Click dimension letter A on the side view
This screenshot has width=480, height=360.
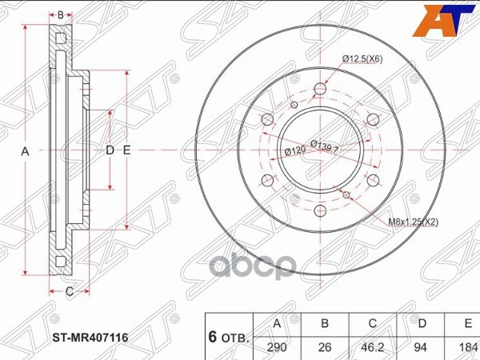25,150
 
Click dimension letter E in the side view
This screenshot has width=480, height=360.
126,150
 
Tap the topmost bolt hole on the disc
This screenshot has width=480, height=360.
320,89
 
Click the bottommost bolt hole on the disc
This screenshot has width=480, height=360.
320,211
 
